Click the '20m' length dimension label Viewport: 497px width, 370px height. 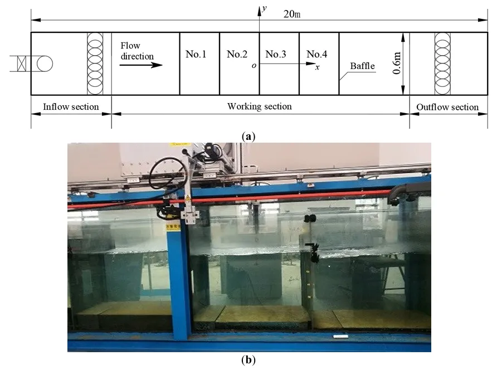tap(292, 14)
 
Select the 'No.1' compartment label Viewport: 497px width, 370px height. tap(196, 54)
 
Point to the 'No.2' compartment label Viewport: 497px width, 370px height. tap(237, 54)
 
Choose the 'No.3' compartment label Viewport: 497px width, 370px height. tap(276, 54)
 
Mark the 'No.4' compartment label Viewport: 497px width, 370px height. tap(317, 54)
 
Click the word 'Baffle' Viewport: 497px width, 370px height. tap(362, 66)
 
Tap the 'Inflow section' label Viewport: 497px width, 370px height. tap(71, 106)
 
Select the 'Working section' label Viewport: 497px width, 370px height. tap(260, 106)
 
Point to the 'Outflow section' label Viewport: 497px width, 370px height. tap(447, 107)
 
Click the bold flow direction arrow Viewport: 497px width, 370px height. tap(140, 65)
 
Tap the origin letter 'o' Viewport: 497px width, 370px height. tap(254, 65)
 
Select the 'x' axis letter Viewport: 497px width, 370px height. tap(318, 67)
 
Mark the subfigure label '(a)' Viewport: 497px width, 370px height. tap(248, 135)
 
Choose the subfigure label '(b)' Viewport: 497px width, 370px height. tap(248, 360)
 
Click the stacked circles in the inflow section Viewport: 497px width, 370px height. tap(95, 63)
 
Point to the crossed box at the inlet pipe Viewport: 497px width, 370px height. tap(22, 64)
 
